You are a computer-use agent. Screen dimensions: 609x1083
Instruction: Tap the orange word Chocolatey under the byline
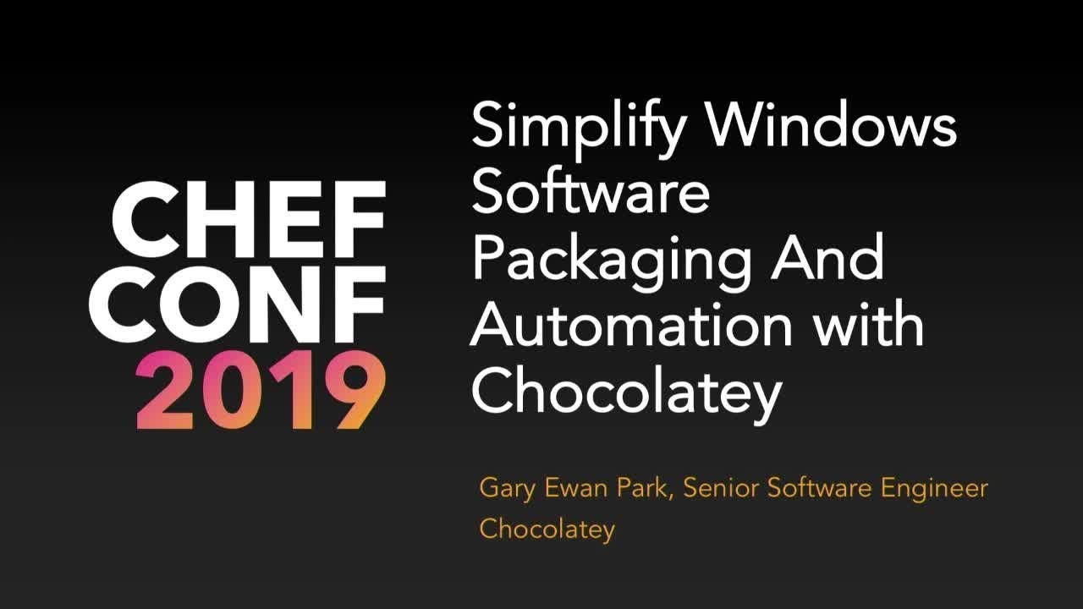click(x=547, y=530)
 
